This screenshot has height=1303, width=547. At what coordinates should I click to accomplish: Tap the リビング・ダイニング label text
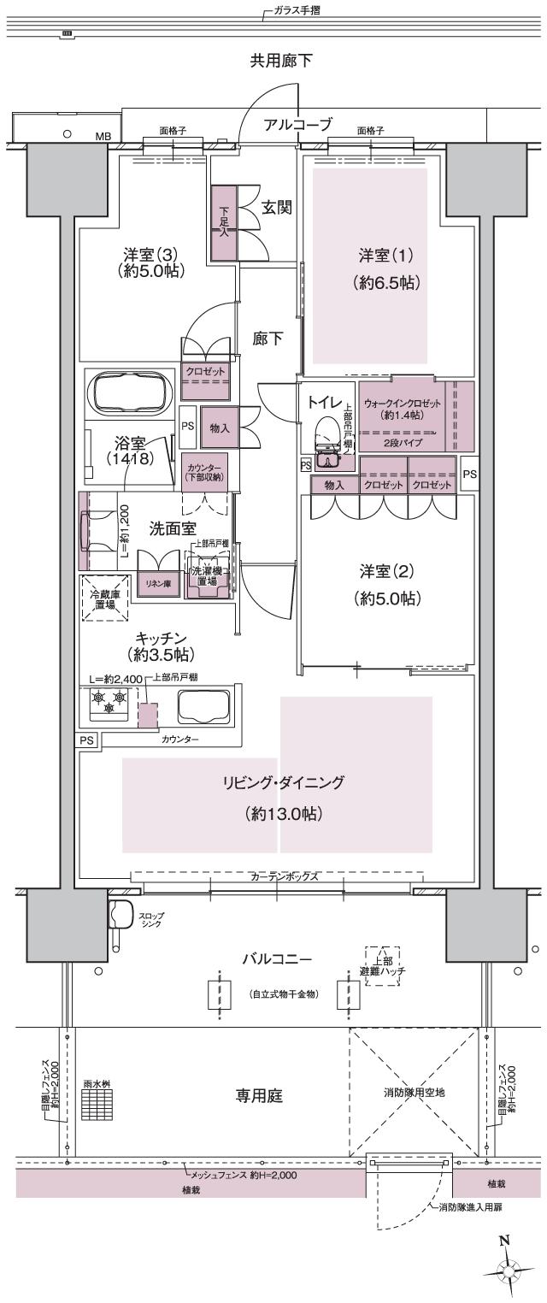click(283, 782)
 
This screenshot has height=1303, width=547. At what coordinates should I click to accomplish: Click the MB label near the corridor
click(103, 135)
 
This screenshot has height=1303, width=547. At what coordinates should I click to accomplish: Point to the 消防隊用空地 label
click(413, 1093)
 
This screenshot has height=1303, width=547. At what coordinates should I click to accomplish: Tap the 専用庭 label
click(260, 1094)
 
